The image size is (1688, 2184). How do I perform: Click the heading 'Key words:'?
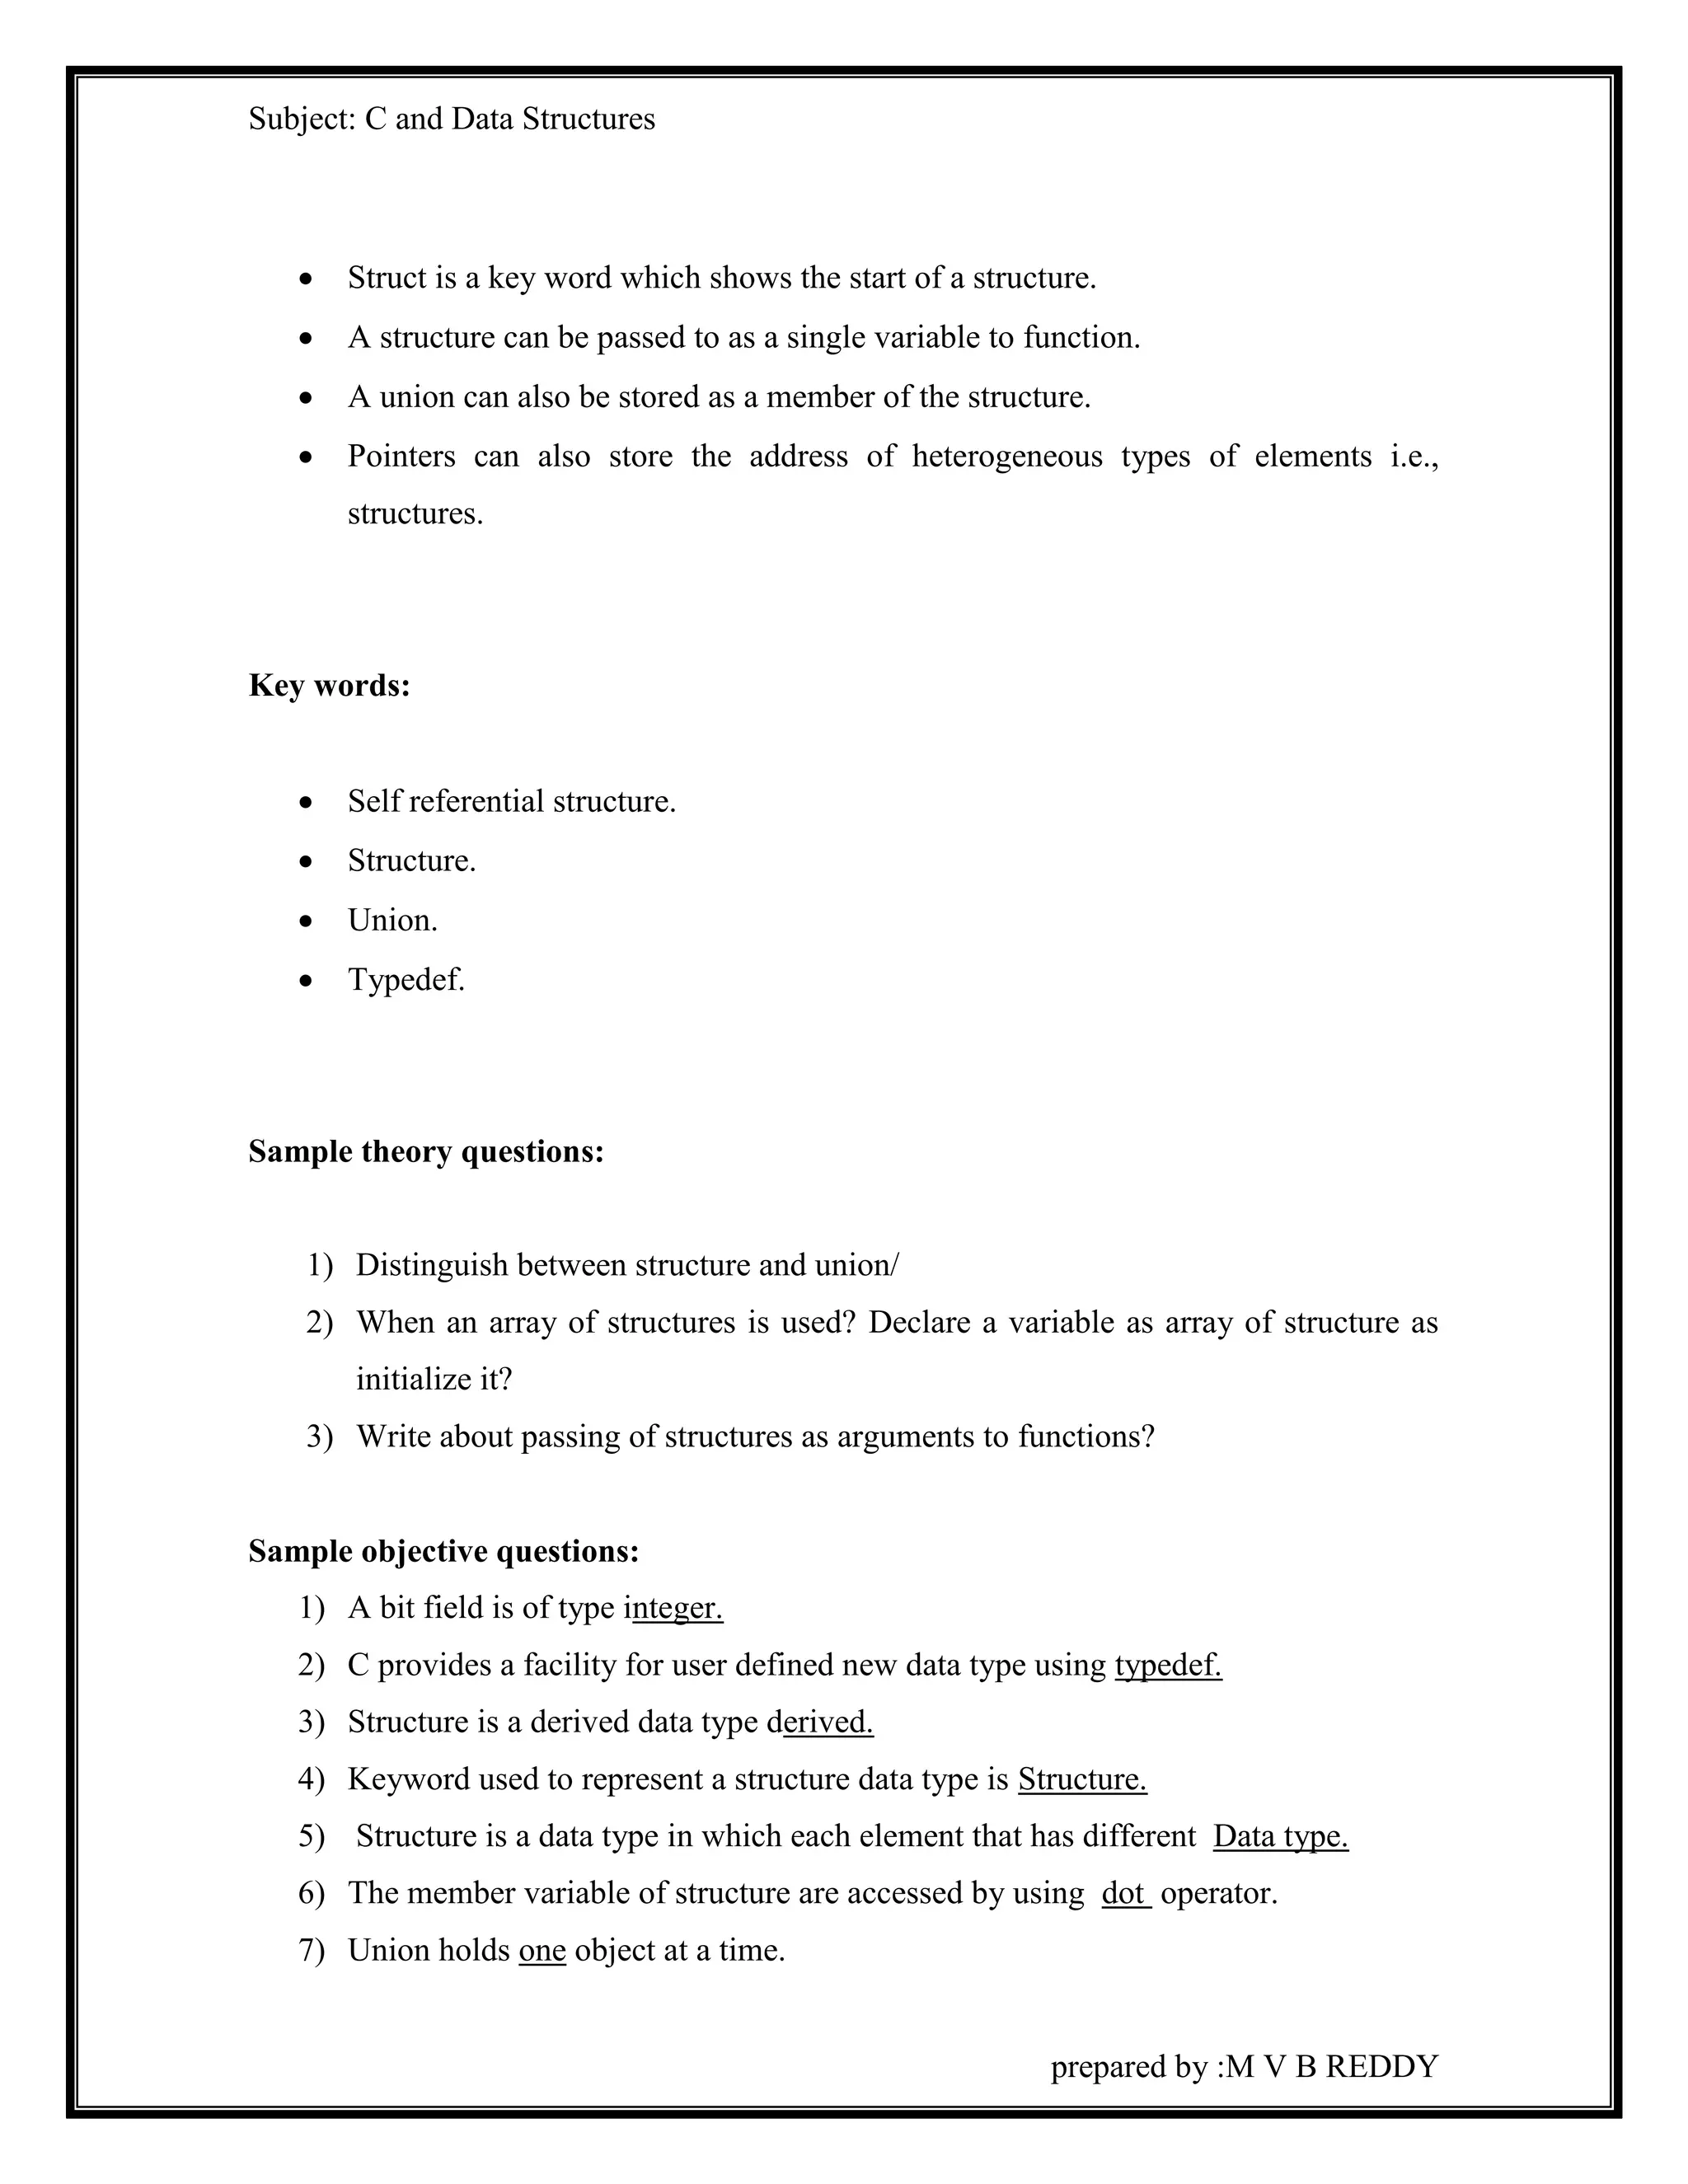coord(329,686)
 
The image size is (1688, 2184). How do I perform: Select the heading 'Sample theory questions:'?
coord(426,1152)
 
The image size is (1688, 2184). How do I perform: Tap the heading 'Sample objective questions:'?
coord(443,1551)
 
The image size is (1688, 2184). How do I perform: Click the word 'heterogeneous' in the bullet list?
coord(1006,457)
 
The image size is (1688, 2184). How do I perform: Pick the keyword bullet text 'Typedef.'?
coord(406,980)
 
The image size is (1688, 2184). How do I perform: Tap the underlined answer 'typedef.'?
coord(1168,1665)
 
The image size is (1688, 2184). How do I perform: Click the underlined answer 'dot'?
coord(1124,1893)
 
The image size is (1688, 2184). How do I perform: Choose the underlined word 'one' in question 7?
coord(542,1950)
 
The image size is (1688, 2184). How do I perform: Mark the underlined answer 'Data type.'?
coord(1280,1836)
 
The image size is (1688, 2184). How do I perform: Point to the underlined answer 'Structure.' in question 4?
coord(1082,1779)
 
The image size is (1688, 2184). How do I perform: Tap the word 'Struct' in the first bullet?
coord(387,278)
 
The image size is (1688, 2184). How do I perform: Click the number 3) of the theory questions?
coord(319,1437)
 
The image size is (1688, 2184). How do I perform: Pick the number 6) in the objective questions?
coord(311,1893)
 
